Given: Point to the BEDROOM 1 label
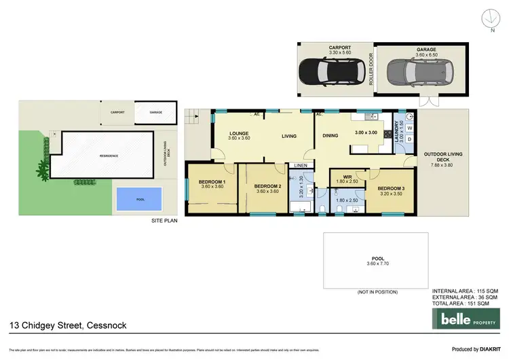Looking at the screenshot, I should [x=212, y=182].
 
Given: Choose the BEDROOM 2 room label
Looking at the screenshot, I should [x=267, y=186].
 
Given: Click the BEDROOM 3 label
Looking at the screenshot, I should [x=390, y=188].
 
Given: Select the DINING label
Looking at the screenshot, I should [x=330, y=136].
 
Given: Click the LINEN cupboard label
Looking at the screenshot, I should [x=300, y=165].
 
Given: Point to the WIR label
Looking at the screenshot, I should [x=346, y=177].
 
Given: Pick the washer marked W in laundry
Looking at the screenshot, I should [x=409, y=128].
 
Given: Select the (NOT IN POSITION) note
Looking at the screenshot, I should [x=377, y=291].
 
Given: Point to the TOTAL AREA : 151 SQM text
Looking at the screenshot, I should [x=464, y=303].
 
